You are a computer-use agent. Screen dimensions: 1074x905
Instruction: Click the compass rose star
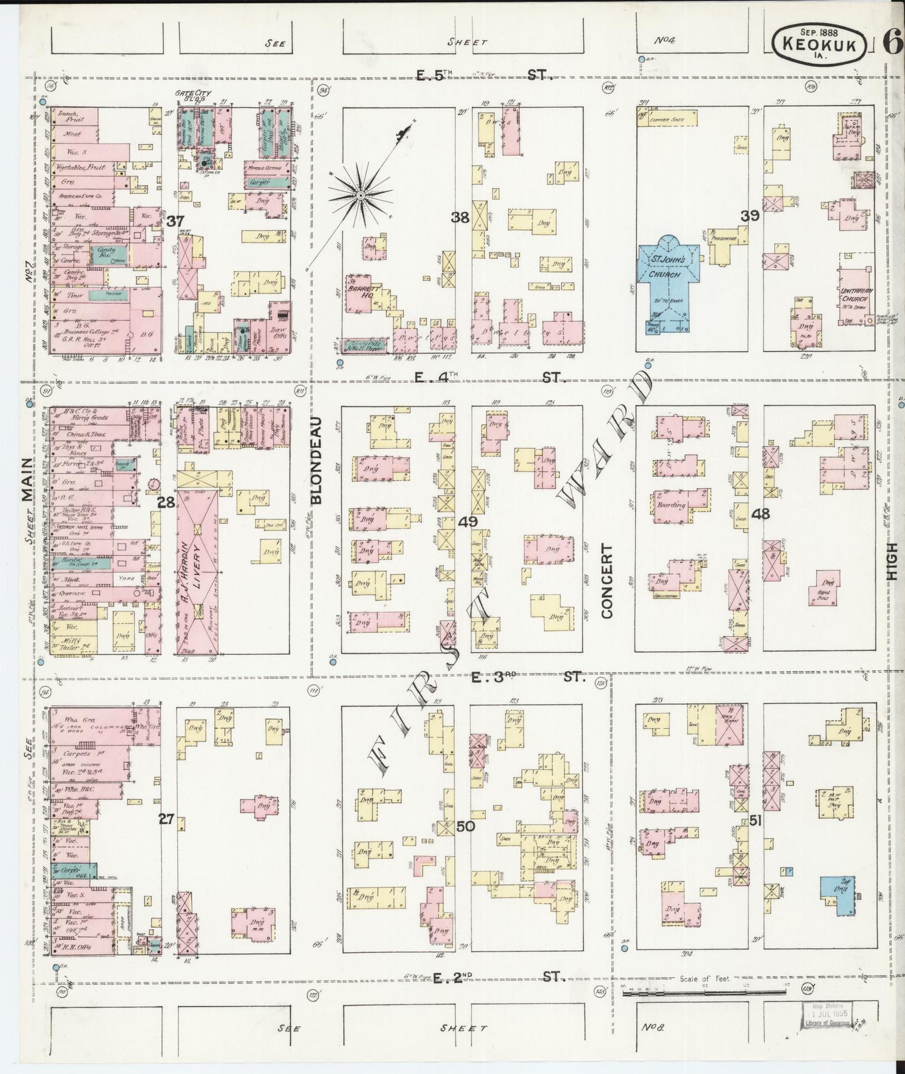[x=361, y=196]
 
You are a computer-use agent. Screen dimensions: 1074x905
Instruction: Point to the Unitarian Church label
[x=855, y=295]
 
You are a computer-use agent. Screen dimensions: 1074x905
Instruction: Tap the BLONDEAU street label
[x=315, y=460]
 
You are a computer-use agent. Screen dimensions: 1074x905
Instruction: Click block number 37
[x=175, y=220]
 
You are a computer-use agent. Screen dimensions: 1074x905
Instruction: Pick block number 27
[x=165, y=818]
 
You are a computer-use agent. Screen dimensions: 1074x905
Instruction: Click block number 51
[x=755, y=820]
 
